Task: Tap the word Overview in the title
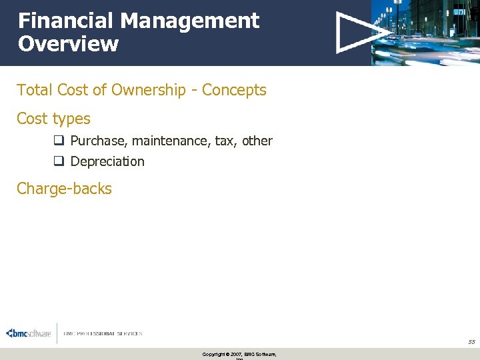[x=68, y=45]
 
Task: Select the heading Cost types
[x=53, y=119]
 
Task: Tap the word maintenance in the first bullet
[x=171, y=141]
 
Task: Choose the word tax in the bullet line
[x=225, y=141]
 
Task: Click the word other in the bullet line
[x=257, y=141]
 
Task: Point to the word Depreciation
[x=107, y=161]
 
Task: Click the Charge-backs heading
[x=64, y=189]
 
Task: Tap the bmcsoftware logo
[x=28, y=333]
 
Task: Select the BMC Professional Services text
[x=103, y=333]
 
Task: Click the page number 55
[x=471, y=341]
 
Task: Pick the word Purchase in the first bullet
[x=99, y=141]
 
